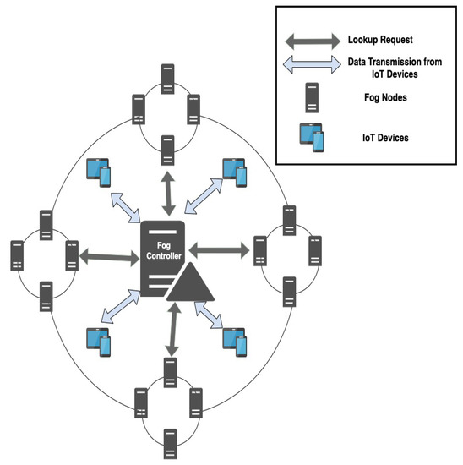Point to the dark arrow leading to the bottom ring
[x=173, y=330]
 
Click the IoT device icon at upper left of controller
[x=100, y=172]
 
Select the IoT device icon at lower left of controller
[x=100, y=337]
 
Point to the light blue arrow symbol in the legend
[x=314, y=67]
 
